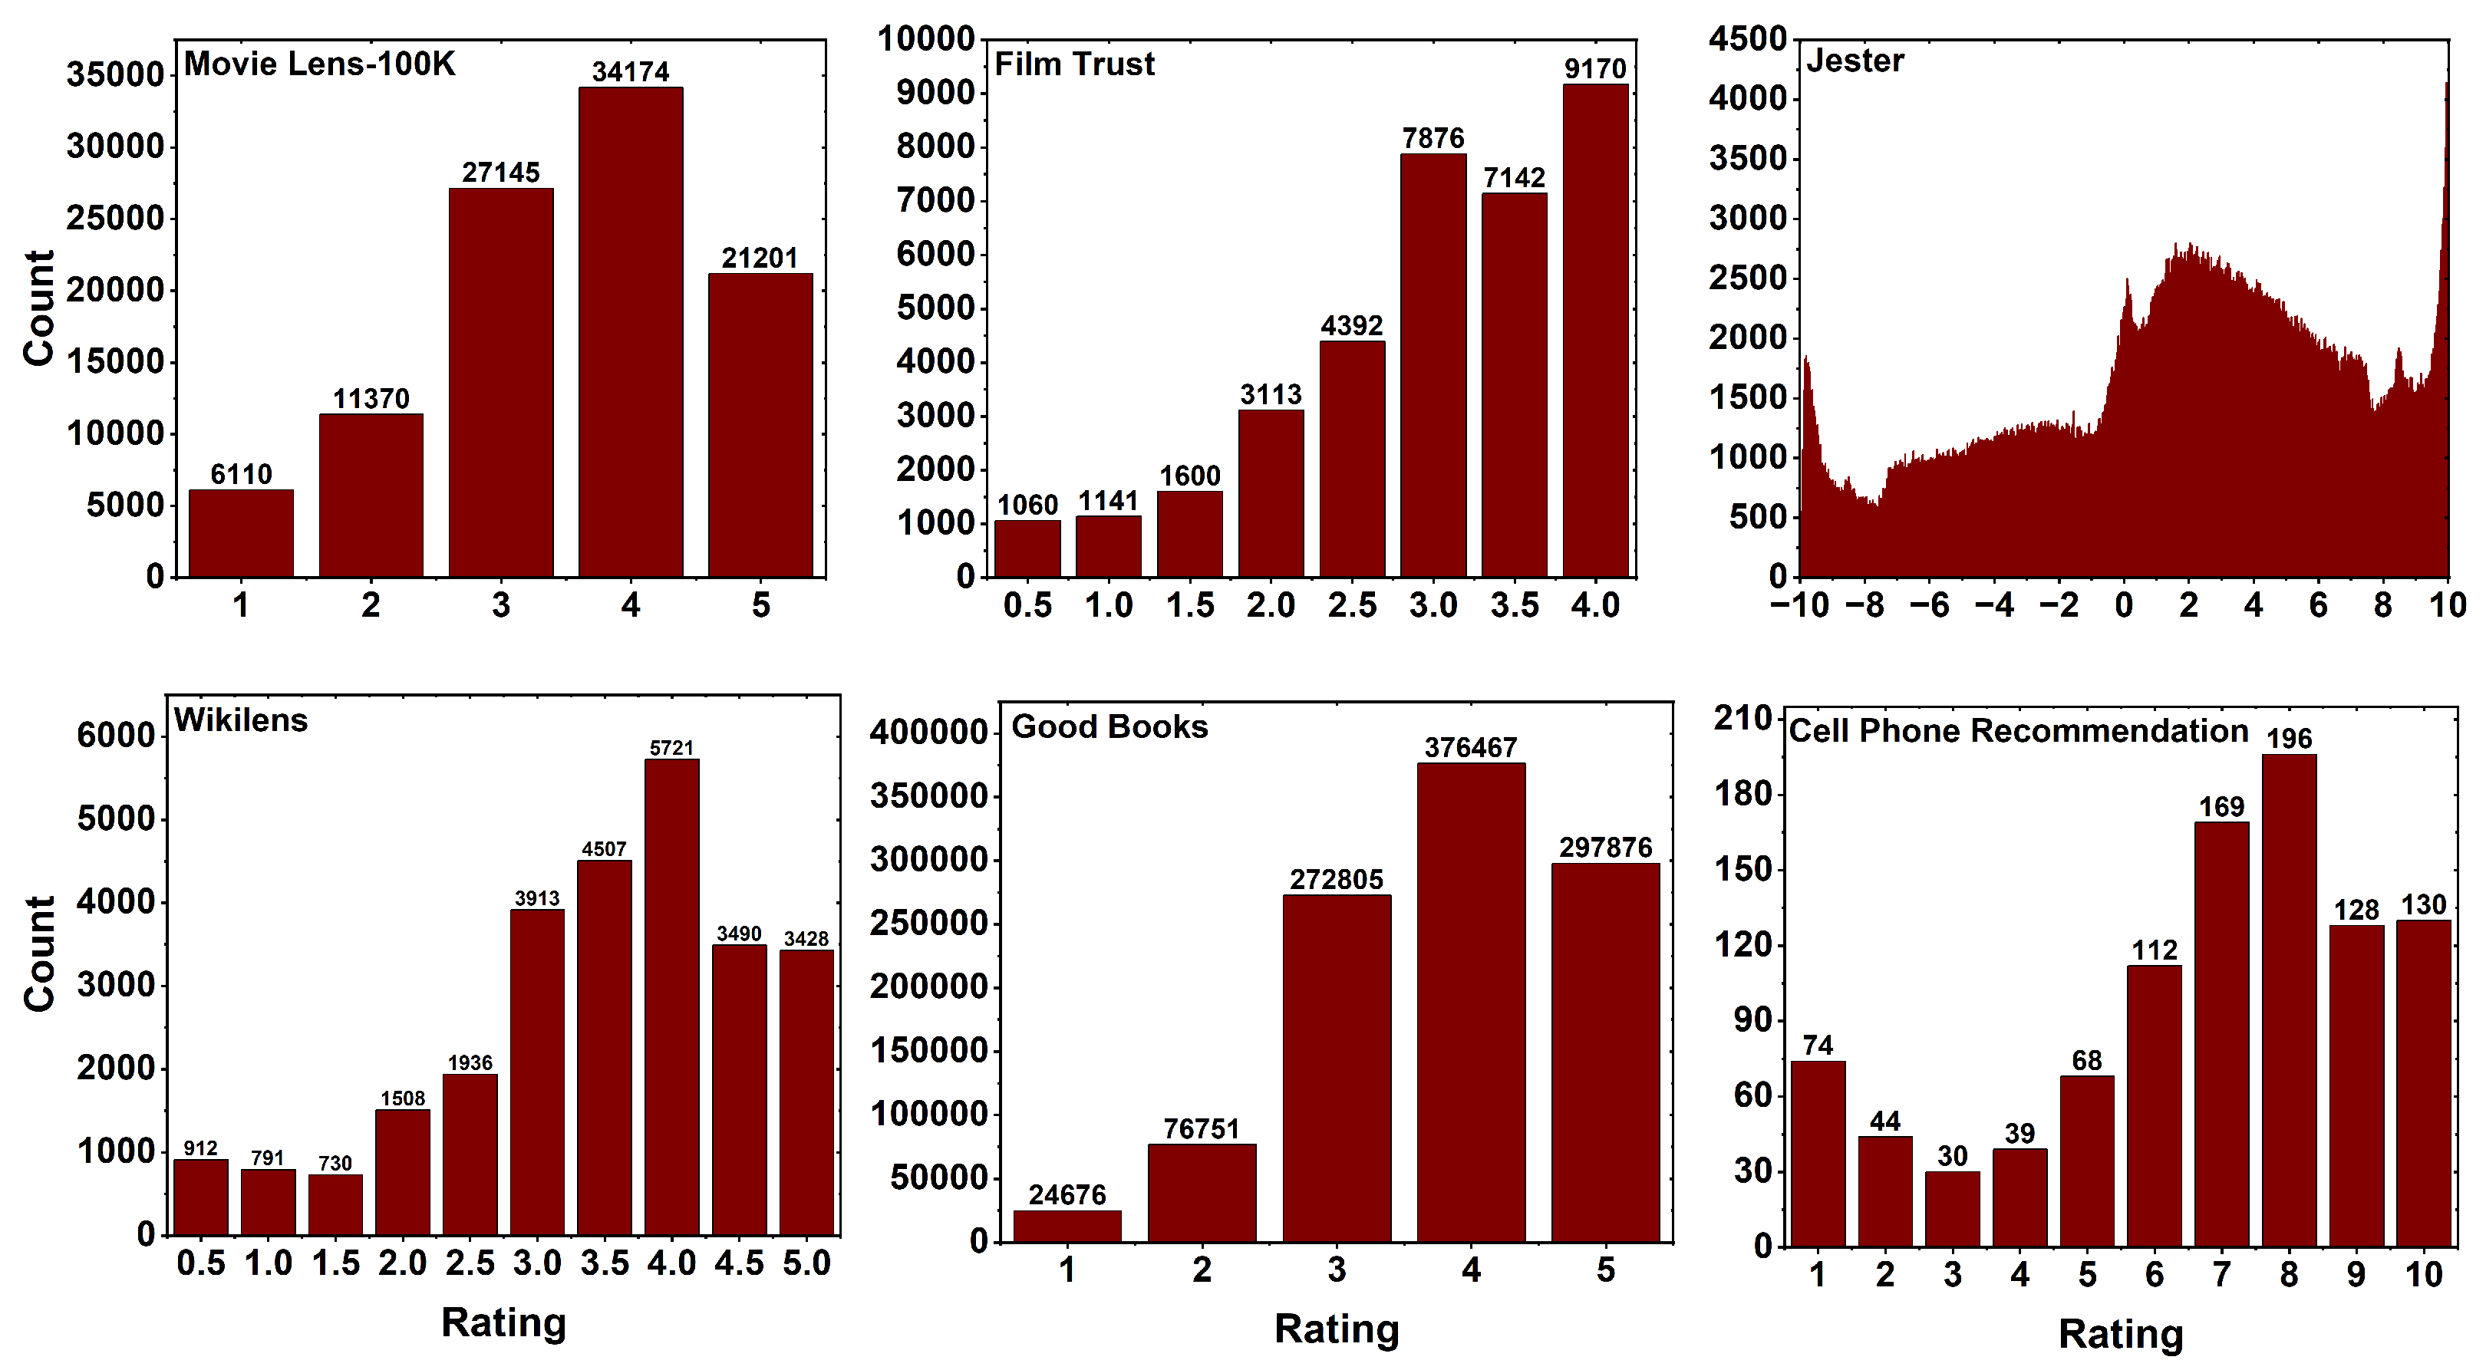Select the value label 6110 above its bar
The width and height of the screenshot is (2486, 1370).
[x=240, y=475]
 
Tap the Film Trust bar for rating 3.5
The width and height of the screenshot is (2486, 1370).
[x=1513, y=386]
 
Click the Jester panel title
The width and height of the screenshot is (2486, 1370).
[x=1854, y=61]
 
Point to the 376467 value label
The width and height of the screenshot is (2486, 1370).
[x=1471, y=748]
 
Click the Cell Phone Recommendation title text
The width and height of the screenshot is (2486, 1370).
[x=2018, y=731]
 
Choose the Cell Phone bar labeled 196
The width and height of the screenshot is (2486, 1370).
[x=2288, y=1000]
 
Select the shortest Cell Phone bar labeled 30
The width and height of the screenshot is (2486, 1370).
[x=1951, y=1208]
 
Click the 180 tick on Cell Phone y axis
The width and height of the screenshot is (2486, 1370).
[x=1743, y=794]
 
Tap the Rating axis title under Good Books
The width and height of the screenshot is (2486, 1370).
[x=1336, y=1329]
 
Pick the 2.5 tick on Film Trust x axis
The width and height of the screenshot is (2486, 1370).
[x=1351, y=606]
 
